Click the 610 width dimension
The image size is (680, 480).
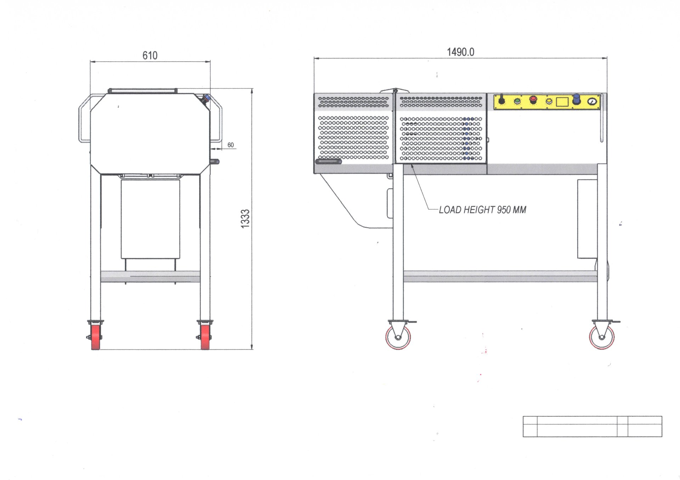150,56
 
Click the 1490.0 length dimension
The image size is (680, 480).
460,52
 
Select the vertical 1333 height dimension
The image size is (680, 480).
245,219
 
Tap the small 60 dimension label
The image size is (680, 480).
231,145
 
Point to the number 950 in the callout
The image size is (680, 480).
503,210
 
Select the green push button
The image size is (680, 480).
517,102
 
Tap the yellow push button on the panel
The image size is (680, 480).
549,102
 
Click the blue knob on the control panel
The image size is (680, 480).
576,100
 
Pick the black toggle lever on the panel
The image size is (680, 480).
501,100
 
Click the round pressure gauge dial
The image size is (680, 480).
592,102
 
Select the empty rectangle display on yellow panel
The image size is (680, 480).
562,102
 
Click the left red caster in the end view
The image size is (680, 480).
95,337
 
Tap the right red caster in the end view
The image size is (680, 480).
205,337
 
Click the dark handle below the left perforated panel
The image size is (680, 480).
328,161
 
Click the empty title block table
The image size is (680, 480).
592,426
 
